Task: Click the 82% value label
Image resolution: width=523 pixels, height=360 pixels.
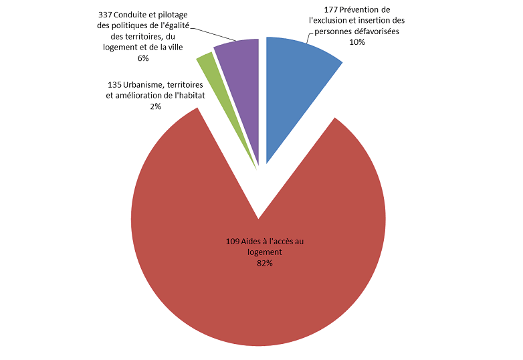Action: tap(264, 264)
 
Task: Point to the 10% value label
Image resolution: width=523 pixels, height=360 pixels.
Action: tap(357, 42)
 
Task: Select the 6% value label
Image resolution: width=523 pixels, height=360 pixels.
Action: tap(142, 58)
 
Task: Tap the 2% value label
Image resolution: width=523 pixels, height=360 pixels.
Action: tap(156, 106)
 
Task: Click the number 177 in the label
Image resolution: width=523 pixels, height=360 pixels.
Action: tap(322, 10)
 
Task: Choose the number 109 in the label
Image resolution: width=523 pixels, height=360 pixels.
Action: tap(234, 241)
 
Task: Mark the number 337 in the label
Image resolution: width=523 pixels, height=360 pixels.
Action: tap(106, 15)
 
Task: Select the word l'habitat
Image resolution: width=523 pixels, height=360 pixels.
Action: tap(185, 96)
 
